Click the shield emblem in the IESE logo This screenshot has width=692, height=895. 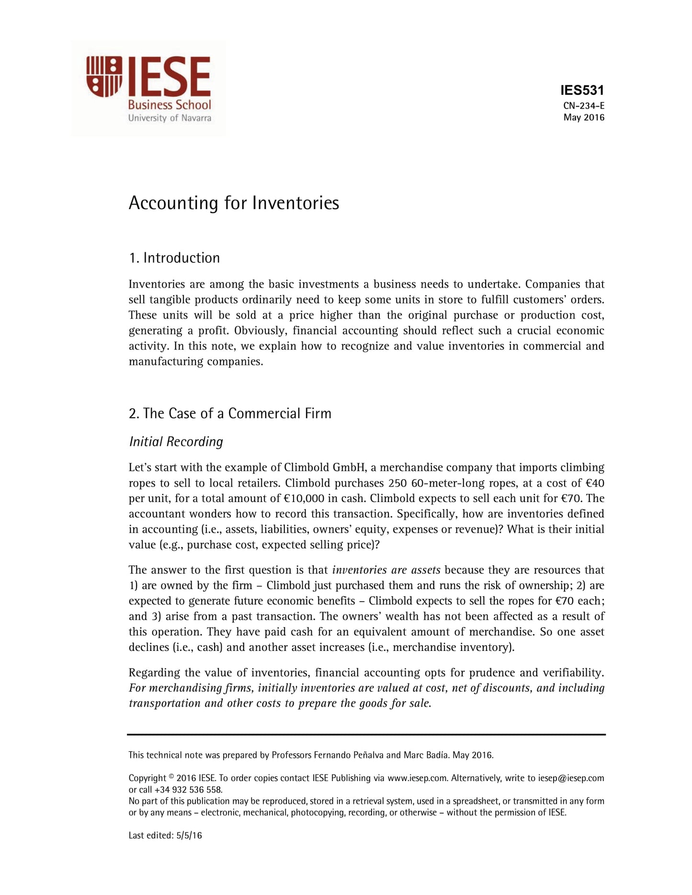point(103,76)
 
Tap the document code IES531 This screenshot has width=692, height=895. point(582,90)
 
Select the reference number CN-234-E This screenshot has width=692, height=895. point(584,106)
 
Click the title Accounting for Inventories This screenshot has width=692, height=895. point(234,203)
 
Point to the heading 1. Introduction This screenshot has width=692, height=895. point(174,258)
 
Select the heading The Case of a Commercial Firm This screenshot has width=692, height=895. point(230,414)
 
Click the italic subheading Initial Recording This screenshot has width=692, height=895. point(176,441)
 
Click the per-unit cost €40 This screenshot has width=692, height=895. point(595,483)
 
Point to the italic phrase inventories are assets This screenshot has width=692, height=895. point(386,570)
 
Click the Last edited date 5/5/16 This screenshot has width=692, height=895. point(189,836)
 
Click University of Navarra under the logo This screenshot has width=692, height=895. point(170,118)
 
